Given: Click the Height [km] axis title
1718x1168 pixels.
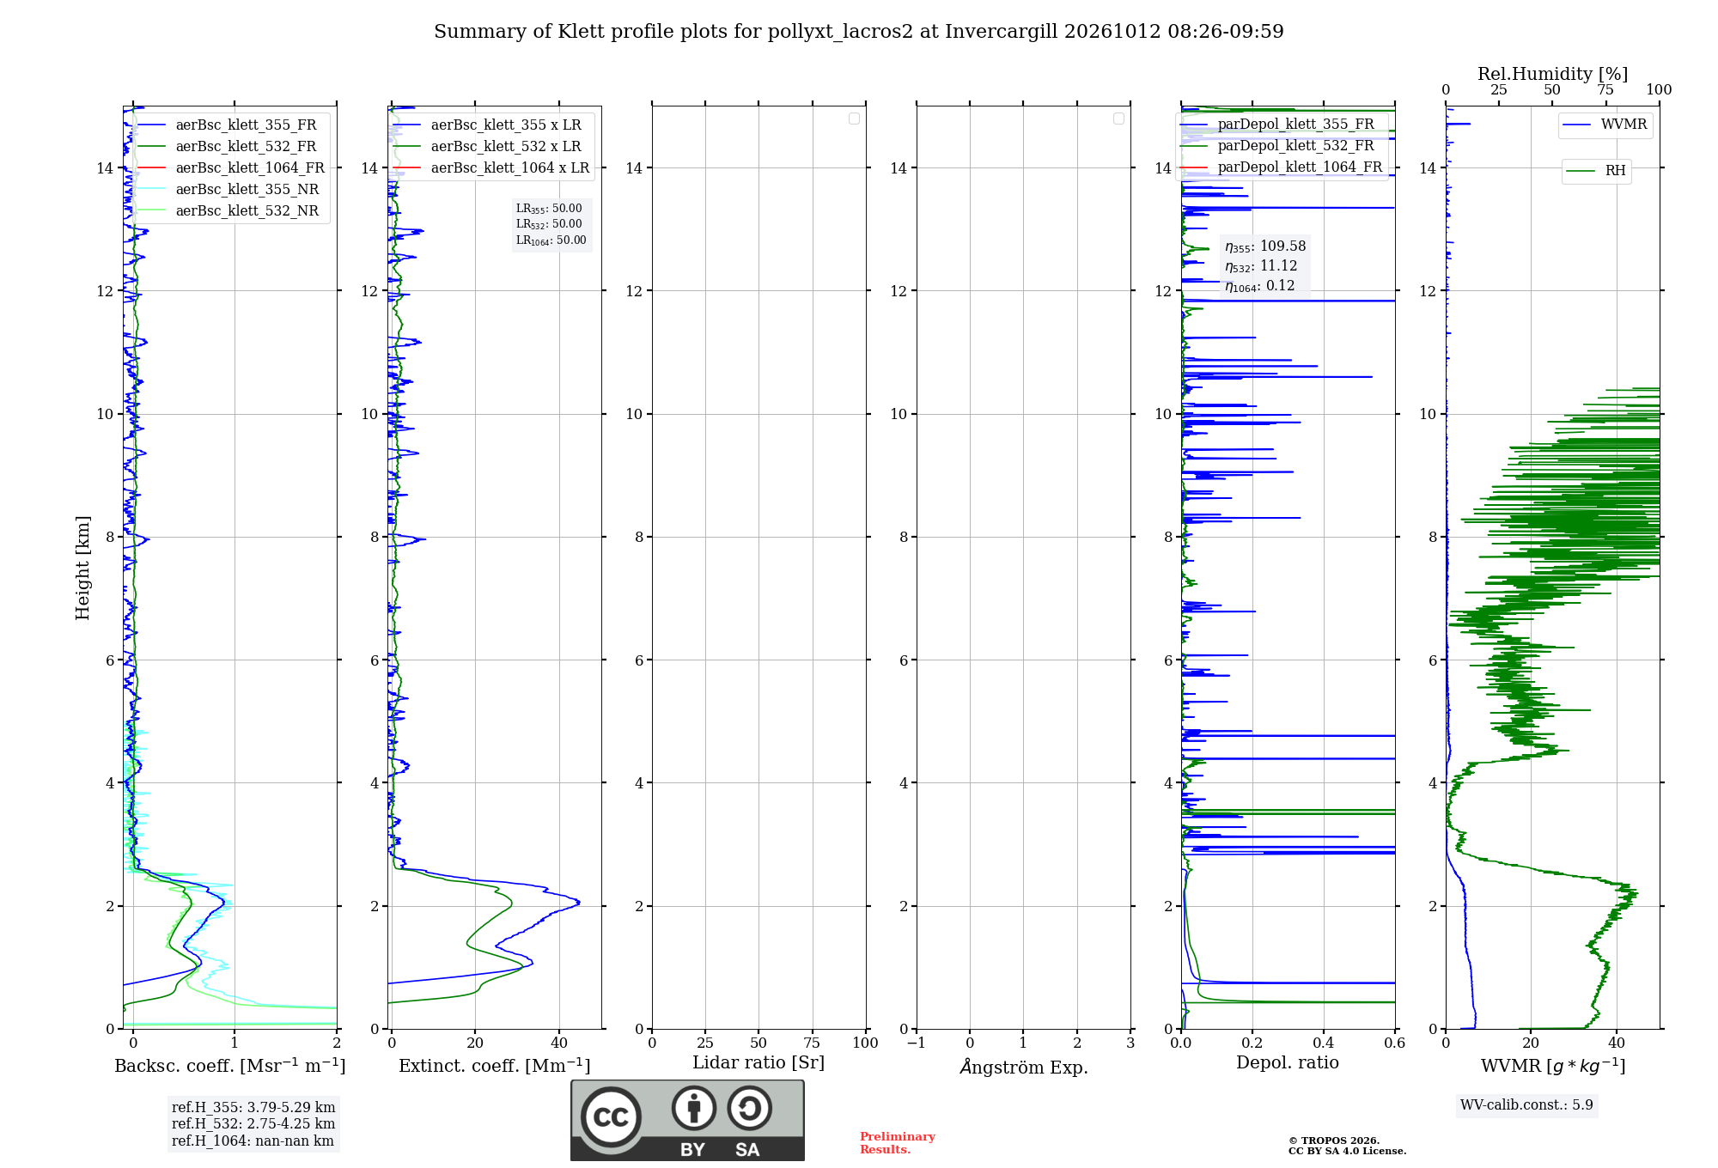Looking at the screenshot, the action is (x=82, y=568).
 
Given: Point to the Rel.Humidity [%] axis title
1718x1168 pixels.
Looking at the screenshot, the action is (x=1552, y=74).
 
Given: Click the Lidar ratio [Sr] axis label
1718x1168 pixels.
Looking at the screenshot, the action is (x=758, y=1063).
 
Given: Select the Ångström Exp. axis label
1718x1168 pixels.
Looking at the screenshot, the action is (x=1024, y=1067).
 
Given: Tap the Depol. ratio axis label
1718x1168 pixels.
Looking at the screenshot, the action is (x=1288, y=1063).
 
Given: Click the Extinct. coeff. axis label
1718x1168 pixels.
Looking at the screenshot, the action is (x=495, y=1066).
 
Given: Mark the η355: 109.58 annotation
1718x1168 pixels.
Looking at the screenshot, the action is (x=1265, y=246).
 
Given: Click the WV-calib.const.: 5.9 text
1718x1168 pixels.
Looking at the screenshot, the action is (x=1526, y=1105).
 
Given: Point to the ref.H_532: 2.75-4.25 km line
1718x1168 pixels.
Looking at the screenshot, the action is (x=253, y=1124).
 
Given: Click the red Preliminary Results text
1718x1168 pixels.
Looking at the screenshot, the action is (x=898, y=1143).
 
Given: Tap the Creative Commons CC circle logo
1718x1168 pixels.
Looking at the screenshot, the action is (x=611, y=1117).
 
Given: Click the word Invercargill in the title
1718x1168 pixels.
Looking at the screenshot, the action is (x=1001, y=32).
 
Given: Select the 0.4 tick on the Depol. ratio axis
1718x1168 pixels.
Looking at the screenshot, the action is (x=1324, y=1043).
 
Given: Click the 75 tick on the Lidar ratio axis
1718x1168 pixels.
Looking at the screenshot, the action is (x=812, y=1043).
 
